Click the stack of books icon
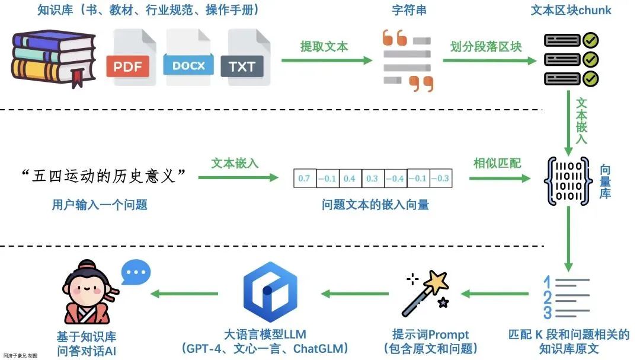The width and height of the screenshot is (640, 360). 53,58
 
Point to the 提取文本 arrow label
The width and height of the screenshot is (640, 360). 324,46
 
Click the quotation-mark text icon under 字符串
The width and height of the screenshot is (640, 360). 407,60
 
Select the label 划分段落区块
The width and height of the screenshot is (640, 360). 486,46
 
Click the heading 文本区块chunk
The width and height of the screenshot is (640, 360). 571,11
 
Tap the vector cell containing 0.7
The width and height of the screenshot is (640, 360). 304,179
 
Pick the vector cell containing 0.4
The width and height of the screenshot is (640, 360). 349,179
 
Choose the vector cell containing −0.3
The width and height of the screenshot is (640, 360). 440,179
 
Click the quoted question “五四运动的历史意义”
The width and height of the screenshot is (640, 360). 103,176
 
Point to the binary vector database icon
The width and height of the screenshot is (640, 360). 568,181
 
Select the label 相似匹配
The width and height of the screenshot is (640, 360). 497,163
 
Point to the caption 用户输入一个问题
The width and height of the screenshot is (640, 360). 100,205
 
